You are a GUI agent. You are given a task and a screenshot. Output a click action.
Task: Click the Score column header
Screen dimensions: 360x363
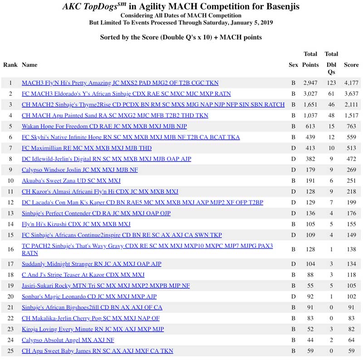[351, 65]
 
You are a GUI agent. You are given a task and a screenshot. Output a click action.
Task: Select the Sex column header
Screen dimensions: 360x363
[293, 65]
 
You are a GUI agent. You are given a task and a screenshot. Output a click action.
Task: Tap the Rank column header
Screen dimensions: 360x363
[10, 65]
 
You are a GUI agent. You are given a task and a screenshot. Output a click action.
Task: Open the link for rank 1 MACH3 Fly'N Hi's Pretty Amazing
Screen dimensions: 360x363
[120, 83]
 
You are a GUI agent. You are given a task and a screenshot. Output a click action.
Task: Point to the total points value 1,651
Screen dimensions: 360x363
[310, 105]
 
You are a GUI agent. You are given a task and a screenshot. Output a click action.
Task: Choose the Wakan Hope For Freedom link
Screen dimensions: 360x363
[104, 126]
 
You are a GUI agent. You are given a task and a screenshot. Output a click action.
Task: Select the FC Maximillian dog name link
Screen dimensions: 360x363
[87, 148]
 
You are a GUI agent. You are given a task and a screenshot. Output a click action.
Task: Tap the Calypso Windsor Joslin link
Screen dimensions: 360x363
[80, 170]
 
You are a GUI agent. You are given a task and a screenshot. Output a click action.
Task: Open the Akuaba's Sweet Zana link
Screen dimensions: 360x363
[71, 181]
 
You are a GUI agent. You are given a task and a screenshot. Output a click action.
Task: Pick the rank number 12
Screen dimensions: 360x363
[10, 203]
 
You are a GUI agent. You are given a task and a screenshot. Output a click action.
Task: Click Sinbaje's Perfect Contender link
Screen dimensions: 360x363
[96, 214]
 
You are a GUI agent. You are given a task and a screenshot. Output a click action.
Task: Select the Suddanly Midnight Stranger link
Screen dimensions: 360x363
[91, 264]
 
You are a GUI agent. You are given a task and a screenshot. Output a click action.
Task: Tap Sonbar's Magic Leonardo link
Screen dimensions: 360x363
[89, 297]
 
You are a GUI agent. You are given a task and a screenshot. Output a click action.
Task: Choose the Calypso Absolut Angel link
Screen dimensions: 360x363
[68, 340]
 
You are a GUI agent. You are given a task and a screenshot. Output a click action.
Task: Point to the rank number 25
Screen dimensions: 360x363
[10, 351]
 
